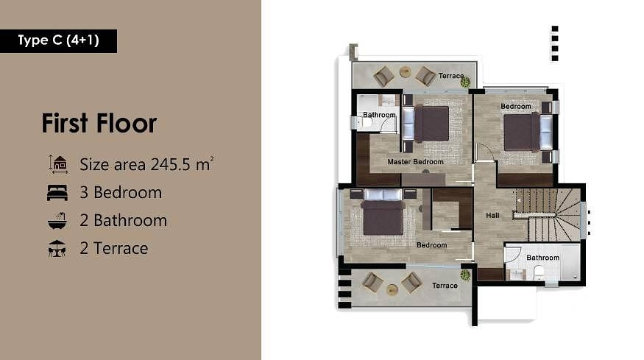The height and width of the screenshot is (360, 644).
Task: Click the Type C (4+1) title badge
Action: tap(58, 41)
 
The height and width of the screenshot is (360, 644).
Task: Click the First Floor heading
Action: tap(99, 123)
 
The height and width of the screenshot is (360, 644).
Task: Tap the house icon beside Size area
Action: tap(58, 164)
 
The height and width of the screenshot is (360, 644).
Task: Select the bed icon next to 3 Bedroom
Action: tap(57, 192)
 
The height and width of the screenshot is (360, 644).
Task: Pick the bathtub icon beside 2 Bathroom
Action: tap(57, 220)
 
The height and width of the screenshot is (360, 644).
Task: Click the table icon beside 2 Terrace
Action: tap(57, 249)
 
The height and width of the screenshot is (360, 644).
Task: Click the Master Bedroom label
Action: tap(415, 162)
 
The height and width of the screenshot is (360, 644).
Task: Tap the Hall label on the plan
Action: tap(492, 215)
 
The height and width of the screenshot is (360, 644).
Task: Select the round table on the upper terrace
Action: tap(406, 72)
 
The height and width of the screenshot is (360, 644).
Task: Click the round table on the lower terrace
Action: tap(392, 290)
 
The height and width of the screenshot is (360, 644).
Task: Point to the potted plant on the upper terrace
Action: tap(465, 82)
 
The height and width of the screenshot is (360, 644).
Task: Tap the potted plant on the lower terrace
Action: tap(465, 275)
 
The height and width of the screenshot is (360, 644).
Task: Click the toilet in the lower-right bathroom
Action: tap(539, 272)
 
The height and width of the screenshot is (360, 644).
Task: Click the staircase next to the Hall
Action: tap(548, 214)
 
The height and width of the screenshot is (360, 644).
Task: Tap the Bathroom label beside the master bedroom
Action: tap(379, 115)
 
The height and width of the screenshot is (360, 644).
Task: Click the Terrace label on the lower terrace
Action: tap(445, 286)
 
